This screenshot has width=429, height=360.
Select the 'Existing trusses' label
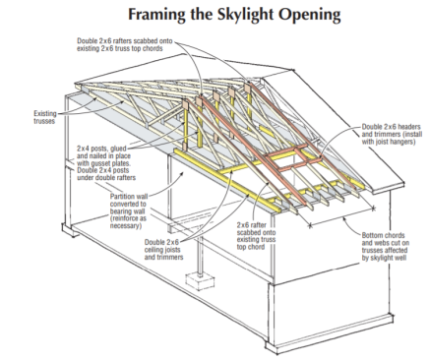pos(45,117)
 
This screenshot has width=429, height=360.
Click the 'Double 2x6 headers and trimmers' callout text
pos(392,135)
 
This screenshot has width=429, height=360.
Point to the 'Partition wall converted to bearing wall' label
pos(129,211)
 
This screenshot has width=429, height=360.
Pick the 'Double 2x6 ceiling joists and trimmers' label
pos(163,250)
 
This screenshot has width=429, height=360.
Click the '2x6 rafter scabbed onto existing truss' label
pos(256,236)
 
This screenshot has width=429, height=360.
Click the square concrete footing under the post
pos(200,281)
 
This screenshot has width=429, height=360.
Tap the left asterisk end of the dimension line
pos(310,225)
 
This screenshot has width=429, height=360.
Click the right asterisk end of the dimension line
pos(373,208)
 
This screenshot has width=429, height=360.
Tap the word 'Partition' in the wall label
pos(122,197)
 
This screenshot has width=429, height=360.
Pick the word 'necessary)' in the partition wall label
pos(126,226)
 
